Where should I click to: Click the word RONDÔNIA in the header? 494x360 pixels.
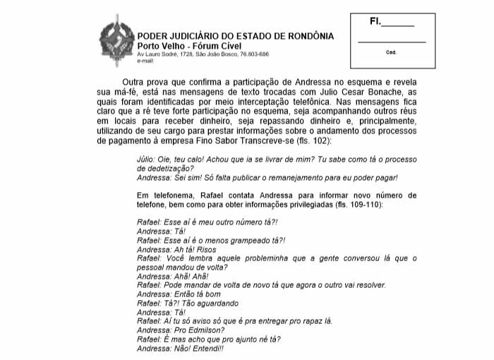point(307,36)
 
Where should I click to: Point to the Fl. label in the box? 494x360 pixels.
point(375,22)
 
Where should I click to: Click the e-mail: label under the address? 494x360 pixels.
point(145,61)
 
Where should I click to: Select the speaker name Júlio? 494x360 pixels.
point(147,160)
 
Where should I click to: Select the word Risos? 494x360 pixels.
point(203,249)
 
